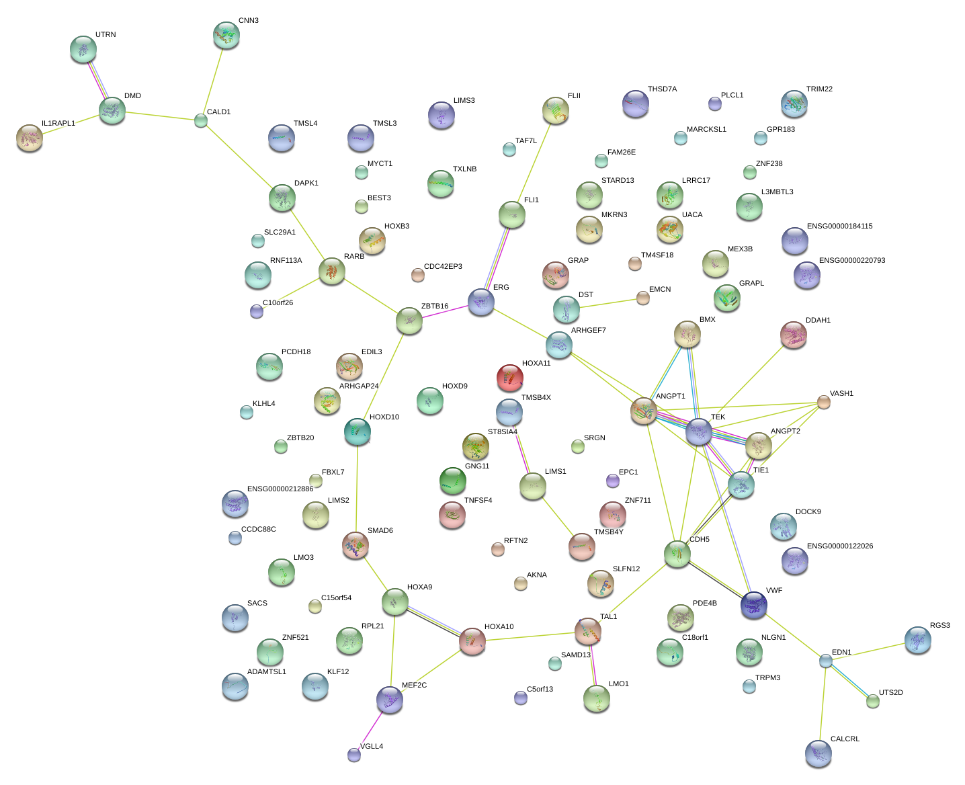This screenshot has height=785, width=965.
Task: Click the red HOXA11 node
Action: pyautogui.click(x=509, y=378)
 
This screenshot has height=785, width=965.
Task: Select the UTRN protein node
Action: pyautogui.click(x=83, y=49)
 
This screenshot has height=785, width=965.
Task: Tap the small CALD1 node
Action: pyautogui.click(x=200, y=121)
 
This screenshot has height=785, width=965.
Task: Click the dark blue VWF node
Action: pyautogui.click(x=753, y=604)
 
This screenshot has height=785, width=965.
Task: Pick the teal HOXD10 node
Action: pyautogui.click(x=357, y=431)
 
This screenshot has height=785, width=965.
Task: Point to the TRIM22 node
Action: pyautogui.click(x=794, y=104)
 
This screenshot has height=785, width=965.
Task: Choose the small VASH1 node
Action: pyautogui.click(x=823, y=402)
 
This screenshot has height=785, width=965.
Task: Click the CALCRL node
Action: pyautogui.click(x=818, y=753)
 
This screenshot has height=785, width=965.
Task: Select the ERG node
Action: pyautogui.click(x=480, y=302)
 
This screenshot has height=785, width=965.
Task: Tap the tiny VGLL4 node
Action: pyautogui.click(x=354, y=755)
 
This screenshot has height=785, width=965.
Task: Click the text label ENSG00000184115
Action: pyautogui.click(x=839, y=226)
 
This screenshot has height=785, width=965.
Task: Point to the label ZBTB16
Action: pyautogui.click(x=434, y=306)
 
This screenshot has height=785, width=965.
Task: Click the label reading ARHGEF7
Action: pyautogui.click(x=588, y=331)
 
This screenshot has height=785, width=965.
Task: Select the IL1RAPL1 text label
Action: pyautogui.click(x=58, y=124)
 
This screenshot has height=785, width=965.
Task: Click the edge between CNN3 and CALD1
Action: pyautogui.click(x=214, y=78)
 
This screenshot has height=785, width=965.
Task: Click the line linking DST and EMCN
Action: pyautogui.click(x=605, y=304)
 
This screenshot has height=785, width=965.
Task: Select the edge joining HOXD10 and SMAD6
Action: pyautogui.click(x=356, y=489)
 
